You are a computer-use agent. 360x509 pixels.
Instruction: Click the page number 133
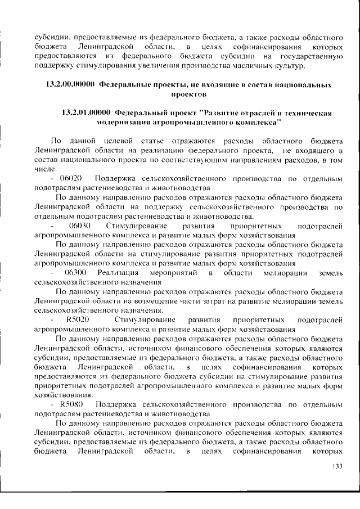[x=337, y=466]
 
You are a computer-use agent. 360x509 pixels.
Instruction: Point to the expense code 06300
[x=75, y=272]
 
